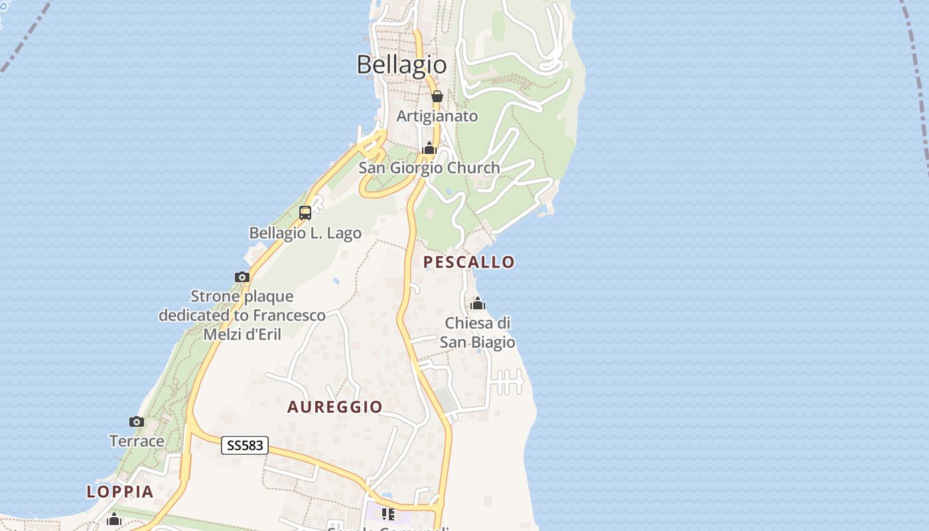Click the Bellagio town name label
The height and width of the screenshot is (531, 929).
401,64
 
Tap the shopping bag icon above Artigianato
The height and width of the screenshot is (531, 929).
437,96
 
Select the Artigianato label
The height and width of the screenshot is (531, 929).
437,116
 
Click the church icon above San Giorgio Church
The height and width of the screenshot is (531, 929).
429,148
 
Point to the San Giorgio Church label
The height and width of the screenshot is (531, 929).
429,168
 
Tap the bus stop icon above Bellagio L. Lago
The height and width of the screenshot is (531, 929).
305,213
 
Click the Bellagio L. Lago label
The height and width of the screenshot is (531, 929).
305,233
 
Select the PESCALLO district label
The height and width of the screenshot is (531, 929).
469,262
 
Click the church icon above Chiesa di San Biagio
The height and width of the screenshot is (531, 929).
477,304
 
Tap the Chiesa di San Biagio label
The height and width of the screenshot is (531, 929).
477,333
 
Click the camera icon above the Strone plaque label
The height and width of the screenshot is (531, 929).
242,277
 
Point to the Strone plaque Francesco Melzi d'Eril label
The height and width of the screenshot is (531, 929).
242,315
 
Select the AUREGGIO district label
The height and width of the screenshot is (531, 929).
335,407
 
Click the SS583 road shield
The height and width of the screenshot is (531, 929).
245,446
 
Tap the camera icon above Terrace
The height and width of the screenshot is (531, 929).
137,421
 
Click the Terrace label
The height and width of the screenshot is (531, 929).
137,441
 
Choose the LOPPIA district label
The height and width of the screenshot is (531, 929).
120,492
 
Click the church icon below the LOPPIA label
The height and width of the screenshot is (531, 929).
114,519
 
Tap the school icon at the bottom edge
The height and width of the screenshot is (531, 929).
388,514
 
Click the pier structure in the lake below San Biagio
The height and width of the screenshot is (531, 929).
508,382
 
